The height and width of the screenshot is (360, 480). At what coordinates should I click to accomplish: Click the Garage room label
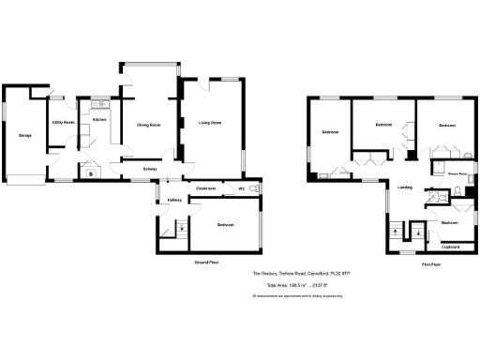25,136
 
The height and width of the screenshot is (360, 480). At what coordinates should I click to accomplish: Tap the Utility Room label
63,123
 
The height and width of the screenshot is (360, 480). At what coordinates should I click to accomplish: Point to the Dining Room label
149,124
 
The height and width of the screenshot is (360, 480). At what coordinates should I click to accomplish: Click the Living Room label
209,123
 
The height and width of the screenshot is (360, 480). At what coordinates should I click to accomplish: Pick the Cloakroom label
206,188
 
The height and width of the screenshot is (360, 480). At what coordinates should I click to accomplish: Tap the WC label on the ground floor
241,188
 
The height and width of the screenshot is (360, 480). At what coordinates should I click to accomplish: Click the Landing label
404,187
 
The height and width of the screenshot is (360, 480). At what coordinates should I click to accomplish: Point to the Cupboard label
450,247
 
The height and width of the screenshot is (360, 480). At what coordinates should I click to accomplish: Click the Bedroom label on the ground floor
225,225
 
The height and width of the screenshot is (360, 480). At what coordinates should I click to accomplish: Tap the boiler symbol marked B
91,172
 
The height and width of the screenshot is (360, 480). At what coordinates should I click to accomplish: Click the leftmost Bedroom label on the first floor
330,132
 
